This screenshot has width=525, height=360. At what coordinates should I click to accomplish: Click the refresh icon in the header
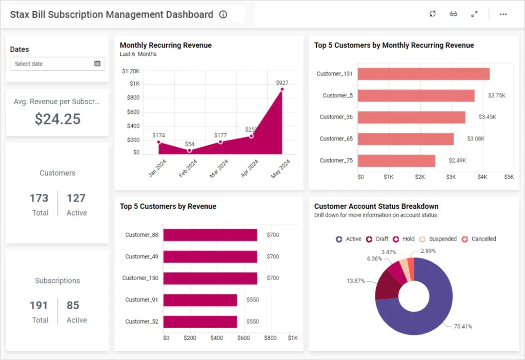point(433,14)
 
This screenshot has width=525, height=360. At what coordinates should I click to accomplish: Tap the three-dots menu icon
point(503,14)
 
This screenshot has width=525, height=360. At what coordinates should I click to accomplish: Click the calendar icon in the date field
point(97,64)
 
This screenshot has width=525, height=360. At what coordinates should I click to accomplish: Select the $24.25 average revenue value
point(57,119)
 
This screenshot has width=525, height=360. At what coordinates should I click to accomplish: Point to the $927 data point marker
point(282,89)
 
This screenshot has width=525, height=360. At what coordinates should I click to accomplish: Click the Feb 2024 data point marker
point(189,150)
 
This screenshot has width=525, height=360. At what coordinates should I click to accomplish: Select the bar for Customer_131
point(423,74)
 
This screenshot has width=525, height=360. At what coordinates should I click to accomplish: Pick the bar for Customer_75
point(396,161)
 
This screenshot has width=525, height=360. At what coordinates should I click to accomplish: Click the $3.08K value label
point(475,139)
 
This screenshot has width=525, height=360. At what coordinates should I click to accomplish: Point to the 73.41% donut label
point(463,326)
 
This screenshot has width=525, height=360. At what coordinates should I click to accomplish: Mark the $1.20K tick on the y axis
point(131,71)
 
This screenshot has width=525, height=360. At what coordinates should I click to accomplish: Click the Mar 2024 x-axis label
point(219,168)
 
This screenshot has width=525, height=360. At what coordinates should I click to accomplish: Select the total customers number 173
point(39,198)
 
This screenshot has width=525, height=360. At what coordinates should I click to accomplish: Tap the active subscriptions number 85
point(73,305)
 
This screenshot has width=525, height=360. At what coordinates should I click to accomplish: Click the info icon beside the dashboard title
point(223,14)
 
